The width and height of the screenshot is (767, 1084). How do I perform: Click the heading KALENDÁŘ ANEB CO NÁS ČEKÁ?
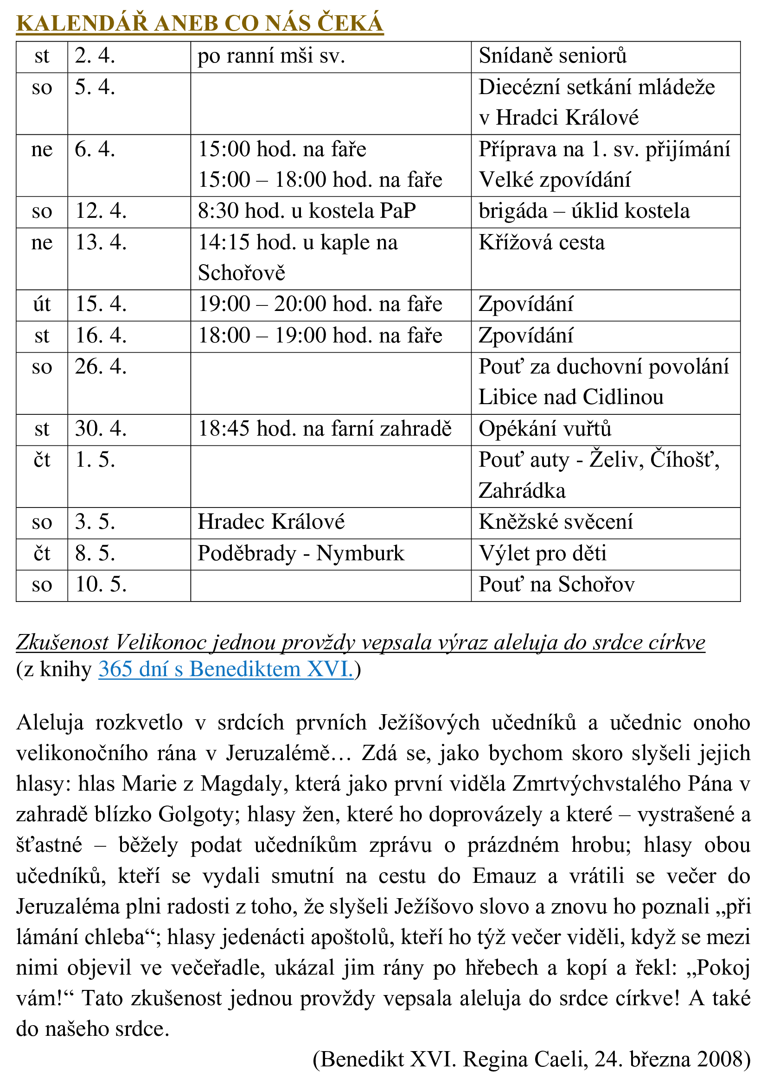pos(199,24)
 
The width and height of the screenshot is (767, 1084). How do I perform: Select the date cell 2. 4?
pos(95,56)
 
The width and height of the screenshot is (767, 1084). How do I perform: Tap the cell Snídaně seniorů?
pos(553,56)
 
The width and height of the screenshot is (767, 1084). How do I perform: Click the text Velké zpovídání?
pos(555,180)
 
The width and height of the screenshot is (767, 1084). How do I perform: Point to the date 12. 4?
pos(101,211)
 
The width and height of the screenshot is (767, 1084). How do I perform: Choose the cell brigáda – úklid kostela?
pos(584,211)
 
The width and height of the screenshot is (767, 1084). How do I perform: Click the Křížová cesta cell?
pos(541,243)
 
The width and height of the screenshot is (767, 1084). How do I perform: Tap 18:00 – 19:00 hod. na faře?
pos(320,336)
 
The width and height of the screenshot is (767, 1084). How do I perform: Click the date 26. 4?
pos(101,367)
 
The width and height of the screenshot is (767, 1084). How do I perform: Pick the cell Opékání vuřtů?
pos(544,429)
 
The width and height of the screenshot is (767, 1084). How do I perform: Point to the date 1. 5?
pos(95,460)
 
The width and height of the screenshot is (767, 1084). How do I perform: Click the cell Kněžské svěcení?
pos(556,522)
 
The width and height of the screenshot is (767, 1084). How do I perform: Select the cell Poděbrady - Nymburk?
pos(301,553)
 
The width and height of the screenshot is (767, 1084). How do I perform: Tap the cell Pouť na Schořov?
pos(556,584)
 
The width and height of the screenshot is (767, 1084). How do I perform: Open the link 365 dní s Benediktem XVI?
pos(226,670)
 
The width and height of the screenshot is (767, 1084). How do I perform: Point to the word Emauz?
pos(504,876)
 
